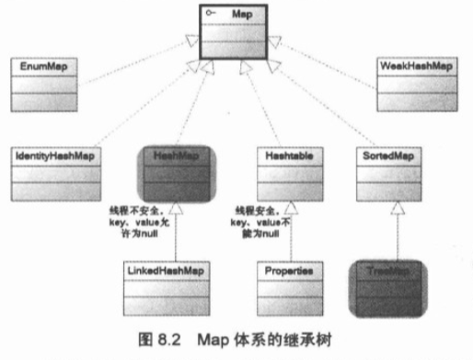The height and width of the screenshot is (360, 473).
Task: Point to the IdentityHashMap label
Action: [50, 157]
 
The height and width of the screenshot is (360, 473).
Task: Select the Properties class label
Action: [290, 272]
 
